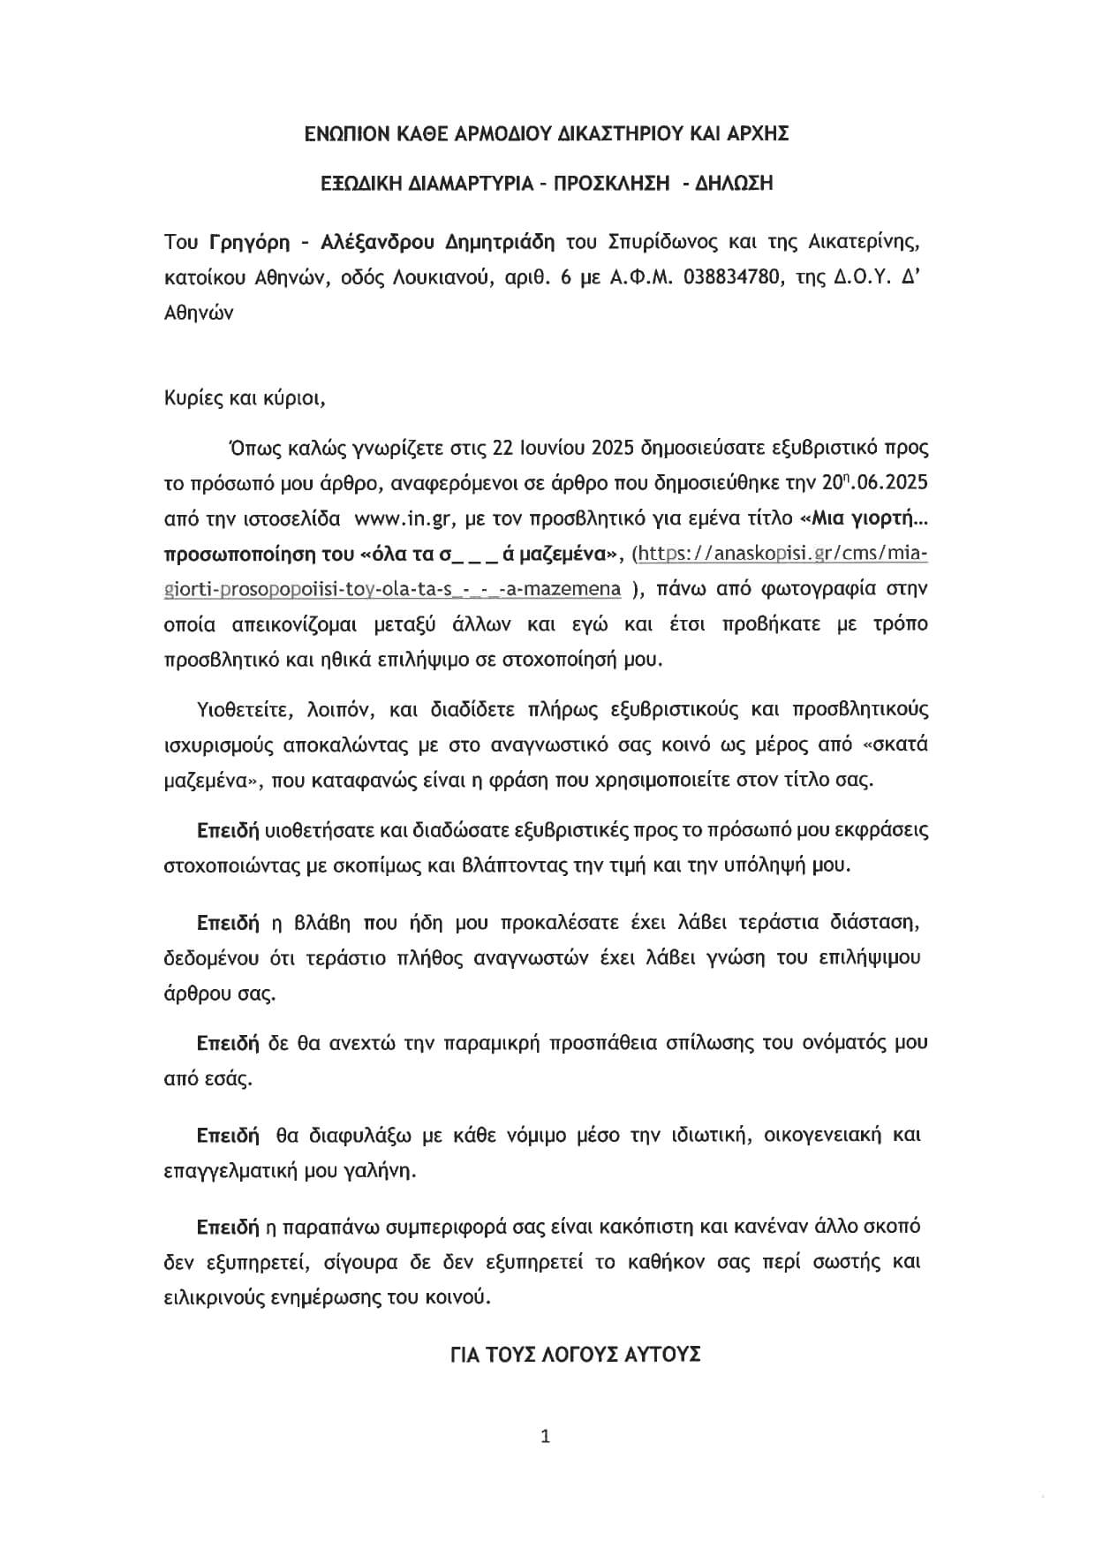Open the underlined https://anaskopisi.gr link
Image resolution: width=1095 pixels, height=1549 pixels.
coord(781,554)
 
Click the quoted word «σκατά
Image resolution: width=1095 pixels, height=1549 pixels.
coord(895,744)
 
